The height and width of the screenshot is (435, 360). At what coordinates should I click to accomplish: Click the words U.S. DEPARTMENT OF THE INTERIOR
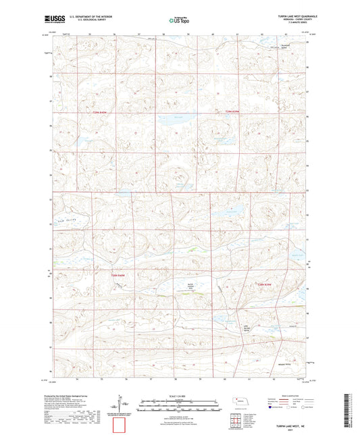point(86,15)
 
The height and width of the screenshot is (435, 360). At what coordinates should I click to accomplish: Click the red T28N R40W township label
point(119,276)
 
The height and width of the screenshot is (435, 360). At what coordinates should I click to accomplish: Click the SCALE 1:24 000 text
point(180,395)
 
